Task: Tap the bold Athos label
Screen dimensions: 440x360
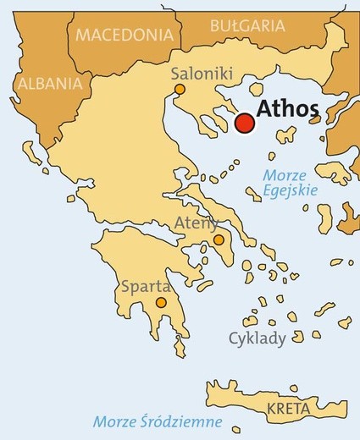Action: [x=288, y=110]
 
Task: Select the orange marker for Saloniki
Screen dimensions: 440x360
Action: [x=180, y=89]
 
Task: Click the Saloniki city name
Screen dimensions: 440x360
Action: [x=202, y=74]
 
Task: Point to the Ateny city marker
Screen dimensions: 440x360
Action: [x=219, y=240]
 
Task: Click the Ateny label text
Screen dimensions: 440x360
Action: [x=197, y=223]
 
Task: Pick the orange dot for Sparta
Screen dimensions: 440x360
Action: [x=161, y=302]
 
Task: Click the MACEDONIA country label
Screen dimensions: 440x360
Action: [x=124, y=36]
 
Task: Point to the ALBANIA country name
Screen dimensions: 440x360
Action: [x=50, y=84]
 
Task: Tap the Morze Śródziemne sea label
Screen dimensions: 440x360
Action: [x=158, y=421]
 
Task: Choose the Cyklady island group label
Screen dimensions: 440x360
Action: [x=258, y=338]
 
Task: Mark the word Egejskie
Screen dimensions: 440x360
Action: [x=290, y=190]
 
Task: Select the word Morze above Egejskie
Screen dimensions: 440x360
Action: [x=284, y=175]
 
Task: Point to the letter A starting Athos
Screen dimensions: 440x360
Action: [x=263, y=110]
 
